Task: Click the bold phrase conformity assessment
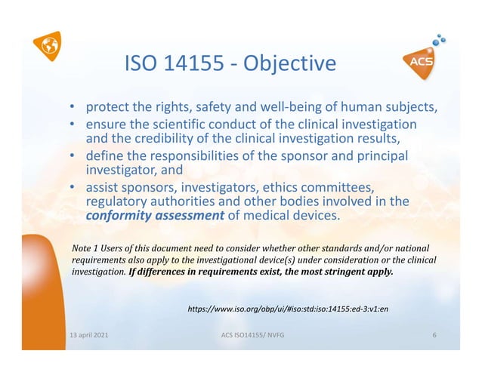tap(154, 217)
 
